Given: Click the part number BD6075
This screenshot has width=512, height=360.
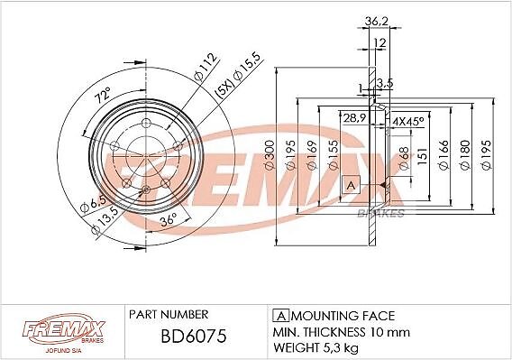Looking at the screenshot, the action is click(194, 336).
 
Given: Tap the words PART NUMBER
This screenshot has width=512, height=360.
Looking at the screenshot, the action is click(169, 314).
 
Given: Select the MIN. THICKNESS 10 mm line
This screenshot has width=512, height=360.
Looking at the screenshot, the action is click(342, 332).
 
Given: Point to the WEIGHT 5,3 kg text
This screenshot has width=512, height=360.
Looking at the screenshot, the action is click(315, 347).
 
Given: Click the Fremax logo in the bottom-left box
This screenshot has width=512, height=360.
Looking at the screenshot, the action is click(64, 330).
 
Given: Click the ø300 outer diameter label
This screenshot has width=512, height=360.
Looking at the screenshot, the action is click(270, 155).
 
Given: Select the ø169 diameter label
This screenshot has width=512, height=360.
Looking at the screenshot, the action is click(312, 155).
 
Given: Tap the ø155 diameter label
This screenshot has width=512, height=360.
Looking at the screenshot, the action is click(334, 155).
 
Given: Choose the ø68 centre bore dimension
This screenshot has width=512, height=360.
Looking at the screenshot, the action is click(404, 158).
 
